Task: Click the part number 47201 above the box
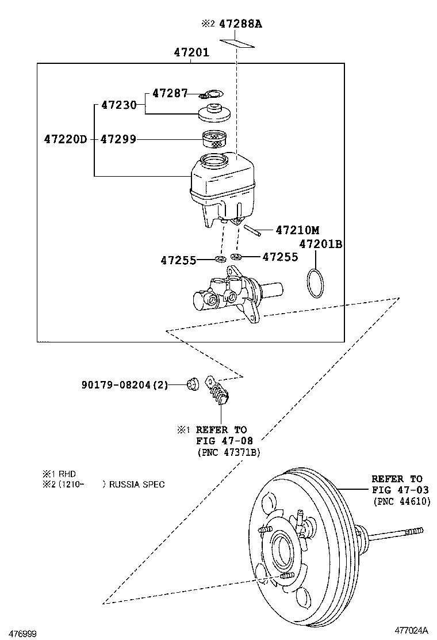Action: coord(191,52)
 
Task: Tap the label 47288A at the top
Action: coord(240,24)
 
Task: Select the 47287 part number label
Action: coord(170,93)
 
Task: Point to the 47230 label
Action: coord(118,105)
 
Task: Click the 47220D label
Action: coord(66,139)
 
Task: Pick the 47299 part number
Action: coord(118,139)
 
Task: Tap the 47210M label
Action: coord(298,230)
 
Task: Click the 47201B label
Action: coord(321,244)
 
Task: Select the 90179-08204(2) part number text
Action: coord(125,384)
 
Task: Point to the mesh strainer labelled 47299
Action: coord(214,139)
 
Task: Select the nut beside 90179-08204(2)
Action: coord(191,384)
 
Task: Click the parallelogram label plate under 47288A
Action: coord(237,43)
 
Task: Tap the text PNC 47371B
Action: coord(229,452)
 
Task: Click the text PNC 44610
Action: coord(402,501)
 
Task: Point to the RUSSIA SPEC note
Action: coord(137,485)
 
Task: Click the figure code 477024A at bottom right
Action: coord(411,629)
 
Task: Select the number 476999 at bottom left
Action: coord(23,634)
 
